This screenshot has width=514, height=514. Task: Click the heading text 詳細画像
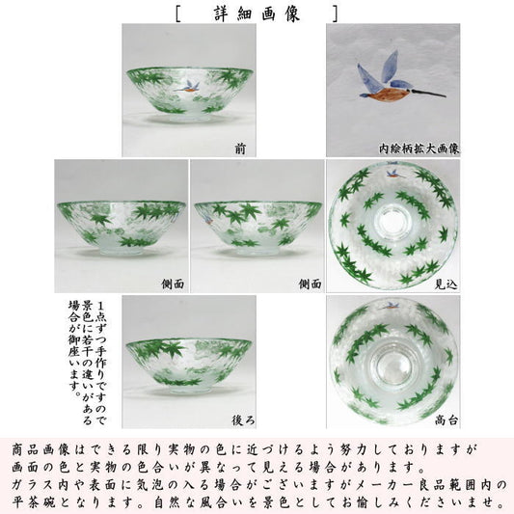(x=257, y=14)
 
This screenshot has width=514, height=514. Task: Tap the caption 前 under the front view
(x=240, y=149)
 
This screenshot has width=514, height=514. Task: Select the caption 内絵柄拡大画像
(x=419, y=149)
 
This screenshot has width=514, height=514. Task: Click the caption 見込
(x=446, y=284)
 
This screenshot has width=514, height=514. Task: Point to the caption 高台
(x=446, y=419)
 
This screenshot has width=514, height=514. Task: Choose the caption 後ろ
(x=243, y=420)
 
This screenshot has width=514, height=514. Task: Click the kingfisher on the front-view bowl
(x=188, y=87)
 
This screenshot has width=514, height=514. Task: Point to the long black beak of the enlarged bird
(x=427, y=93)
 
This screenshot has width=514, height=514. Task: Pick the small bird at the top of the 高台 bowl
(x=391, y=306)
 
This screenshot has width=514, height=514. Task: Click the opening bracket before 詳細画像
(x=178, y=14)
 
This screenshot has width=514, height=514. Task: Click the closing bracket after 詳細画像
(x=335, y=14)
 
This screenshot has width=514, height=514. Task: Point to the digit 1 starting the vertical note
(x=99, y=307)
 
